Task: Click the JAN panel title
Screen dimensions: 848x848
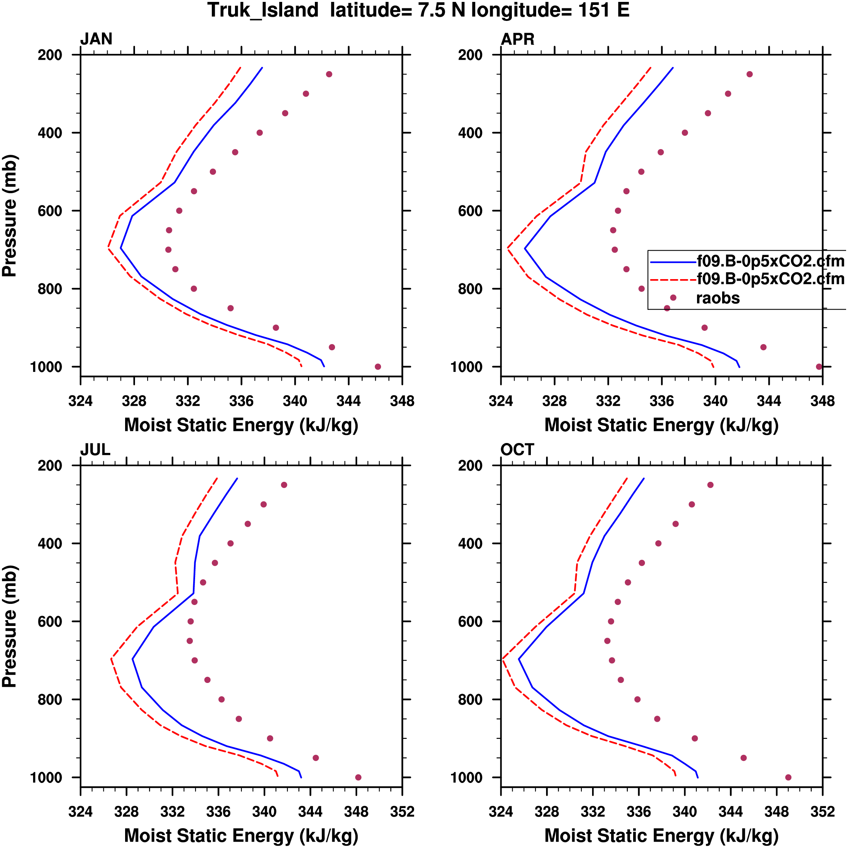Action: tap(96, 39)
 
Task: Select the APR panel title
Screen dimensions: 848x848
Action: tap(518, 39)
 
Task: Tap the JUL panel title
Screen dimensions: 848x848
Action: tap(95, 450)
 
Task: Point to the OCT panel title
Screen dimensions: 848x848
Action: tap(517, 450)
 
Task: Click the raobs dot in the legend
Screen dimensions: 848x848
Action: tap(673, 298)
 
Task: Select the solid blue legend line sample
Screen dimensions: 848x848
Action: tap(673, 262)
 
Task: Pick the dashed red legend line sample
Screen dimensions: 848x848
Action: tap(673, 279)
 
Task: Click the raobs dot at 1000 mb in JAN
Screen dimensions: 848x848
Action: tap(378, 367)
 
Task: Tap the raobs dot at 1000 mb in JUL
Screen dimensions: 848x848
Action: tap(358, 777)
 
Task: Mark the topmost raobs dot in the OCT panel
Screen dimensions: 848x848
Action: tap(710, 485)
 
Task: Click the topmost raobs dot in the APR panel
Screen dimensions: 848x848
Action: tap(750, 74)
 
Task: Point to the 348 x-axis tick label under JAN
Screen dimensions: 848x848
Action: tap(402, 401)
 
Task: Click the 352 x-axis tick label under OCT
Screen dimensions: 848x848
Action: tap(822, 812)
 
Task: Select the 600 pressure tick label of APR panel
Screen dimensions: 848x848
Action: tap(470, 211)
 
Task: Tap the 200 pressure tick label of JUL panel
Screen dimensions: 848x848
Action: tap(50, 466)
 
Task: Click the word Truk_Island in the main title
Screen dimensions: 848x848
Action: tap(263, 11)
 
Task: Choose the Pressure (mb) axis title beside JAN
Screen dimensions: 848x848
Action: tap(10, 216)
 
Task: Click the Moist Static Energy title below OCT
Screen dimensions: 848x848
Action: tap(661, 836)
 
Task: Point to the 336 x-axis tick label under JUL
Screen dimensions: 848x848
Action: tap(218, 812)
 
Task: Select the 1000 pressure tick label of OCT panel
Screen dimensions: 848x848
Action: tap(467, 778)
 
